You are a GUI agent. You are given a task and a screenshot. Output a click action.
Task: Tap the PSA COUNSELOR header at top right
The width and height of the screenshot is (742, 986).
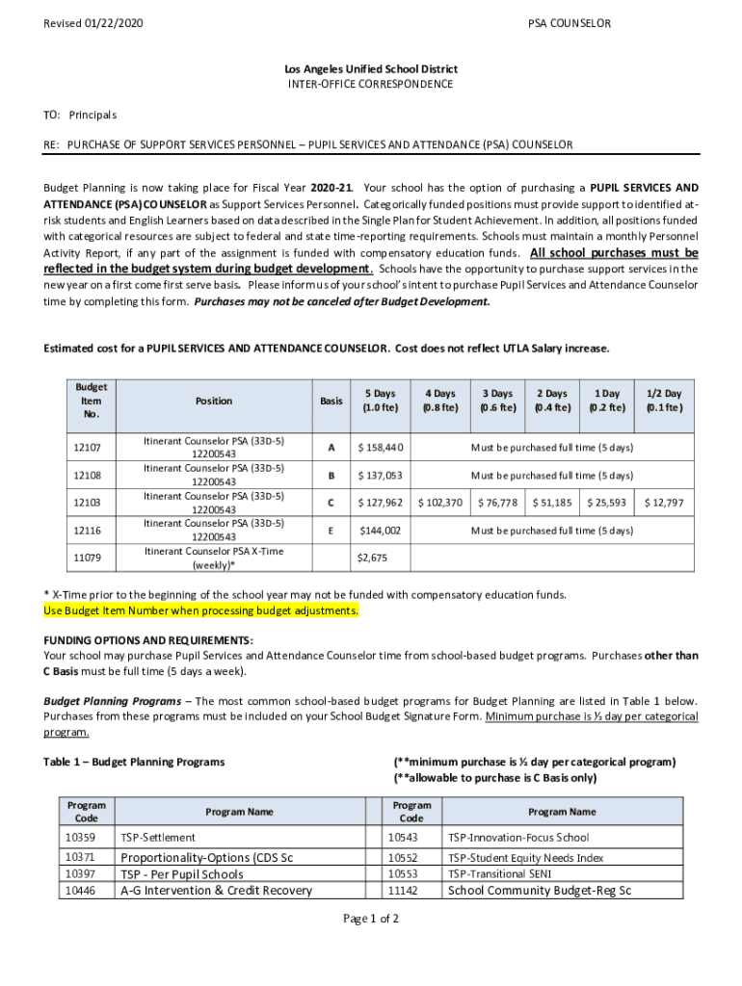[x=569, y=23]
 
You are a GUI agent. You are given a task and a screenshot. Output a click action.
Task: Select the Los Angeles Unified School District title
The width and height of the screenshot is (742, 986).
[x=371, y=69]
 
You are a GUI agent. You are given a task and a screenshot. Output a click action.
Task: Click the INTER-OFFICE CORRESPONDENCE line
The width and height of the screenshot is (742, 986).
[x=371, y=85]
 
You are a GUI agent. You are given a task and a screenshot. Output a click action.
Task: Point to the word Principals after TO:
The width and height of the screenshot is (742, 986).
[x=93, y=116]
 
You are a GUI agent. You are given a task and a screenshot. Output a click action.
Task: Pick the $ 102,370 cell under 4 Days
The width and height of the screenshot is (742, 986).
[x=439, y=503]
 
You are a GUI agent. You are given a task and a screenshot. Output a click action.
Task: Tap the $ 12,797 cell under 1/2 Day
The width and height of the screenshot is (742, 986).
[x=664, y=503]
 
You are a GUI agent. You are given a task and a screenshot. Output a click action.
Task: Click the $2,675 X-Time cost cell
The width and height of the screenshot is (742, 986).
[x=372, y=558]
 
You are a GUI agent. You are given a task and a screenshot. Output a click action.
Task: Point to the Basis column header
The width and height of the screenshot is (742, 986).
[x=331, y=401]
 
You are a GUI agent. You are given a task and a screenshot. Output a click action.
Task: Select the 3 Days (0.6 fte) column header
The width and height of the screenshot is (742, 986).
[x=497, y=401]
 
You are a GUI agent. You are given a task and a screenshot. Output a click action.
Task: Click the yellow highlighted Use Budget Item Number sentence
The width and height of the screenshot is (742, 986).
[x=201, y=611]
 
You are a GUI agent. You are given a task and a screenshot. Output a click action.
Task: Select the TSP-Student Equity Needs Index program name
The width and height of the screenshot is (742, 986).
[x=526, y=858]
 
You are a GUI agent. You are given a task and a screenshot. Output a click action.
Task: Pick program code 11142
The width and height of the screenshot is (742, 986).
[x=402, y=891]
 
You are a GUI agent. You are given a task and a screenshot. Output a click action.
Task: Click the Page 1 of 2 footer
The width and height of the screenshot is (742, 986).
[x=371, y=919]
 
